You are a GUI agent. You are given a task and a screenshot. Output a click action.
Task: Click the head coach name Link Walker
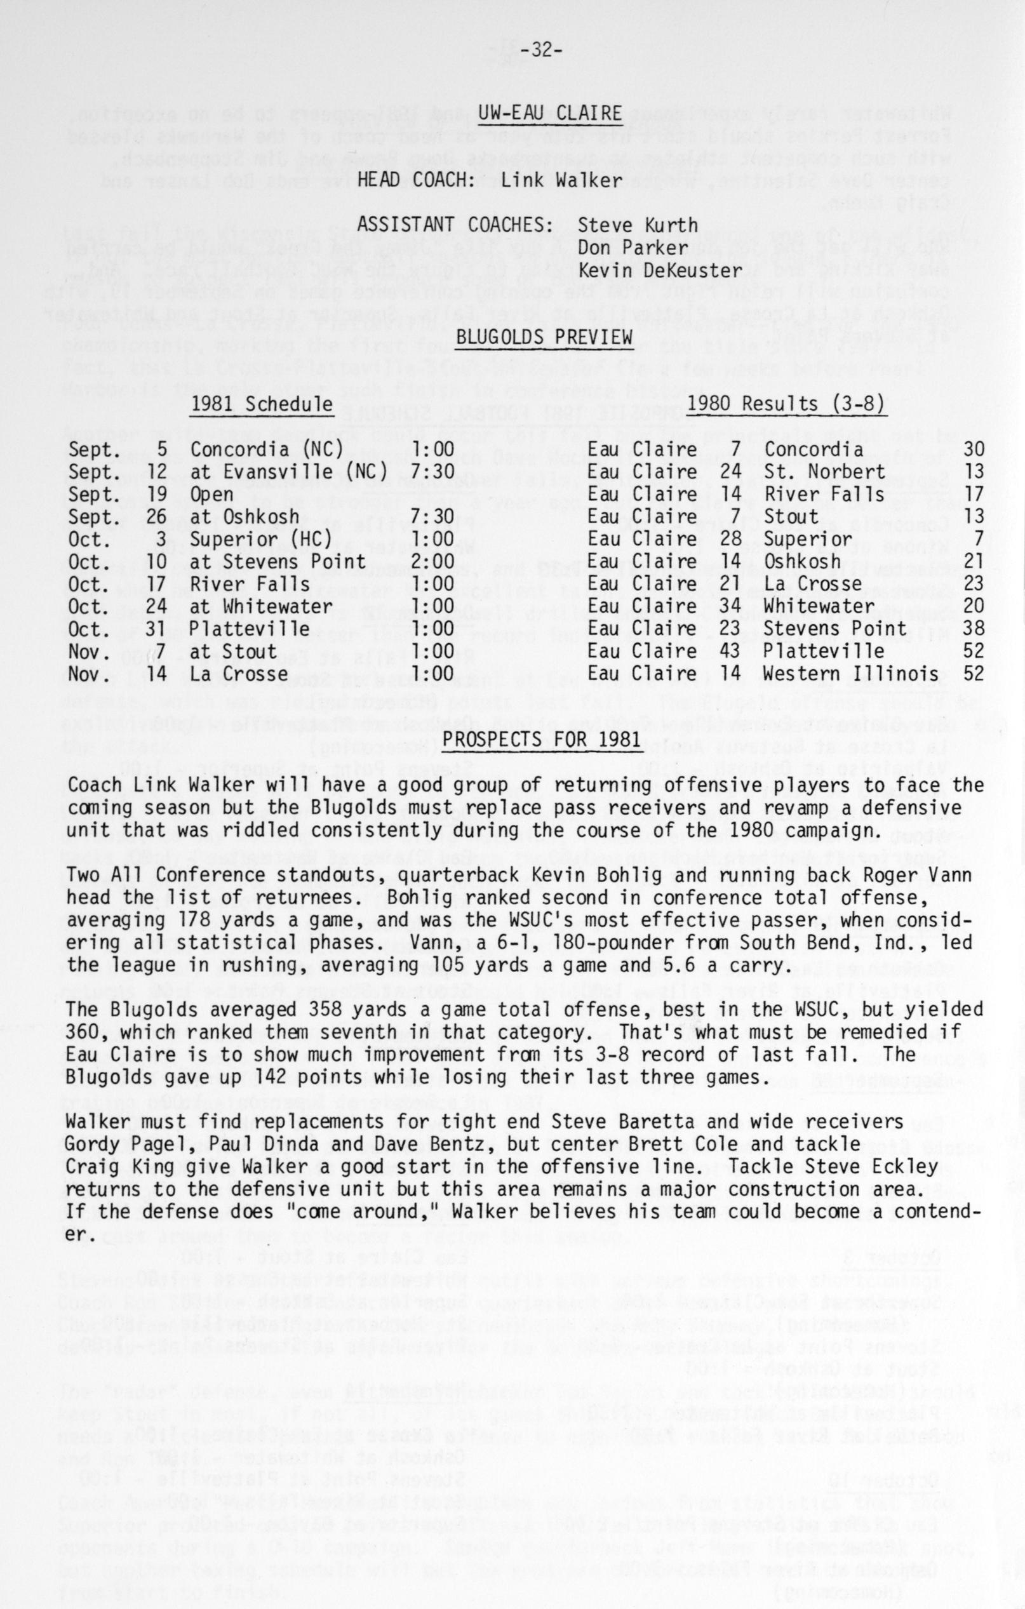click(x=561, y=180)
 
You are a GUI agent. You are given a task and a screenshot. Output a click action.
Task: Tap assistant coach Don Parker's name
click(x=633, y=247)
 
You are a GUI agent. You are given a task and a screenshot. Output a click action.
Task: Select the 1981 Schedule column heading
click(x=262, y=404)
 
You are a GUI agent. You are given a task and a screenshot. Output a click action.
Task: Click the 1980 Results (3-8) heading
click(x=786, y=404)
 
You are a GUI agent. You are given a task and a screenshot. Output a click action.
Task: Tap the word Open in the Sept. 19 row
click(x=212, y=495)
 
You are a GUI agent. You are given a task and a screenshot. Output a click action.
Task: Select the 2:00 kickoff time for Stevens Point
click(x=432, y=562)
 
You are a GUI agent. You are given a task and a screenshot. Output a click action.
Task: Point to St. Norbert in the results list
click(x=824, y=472)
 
